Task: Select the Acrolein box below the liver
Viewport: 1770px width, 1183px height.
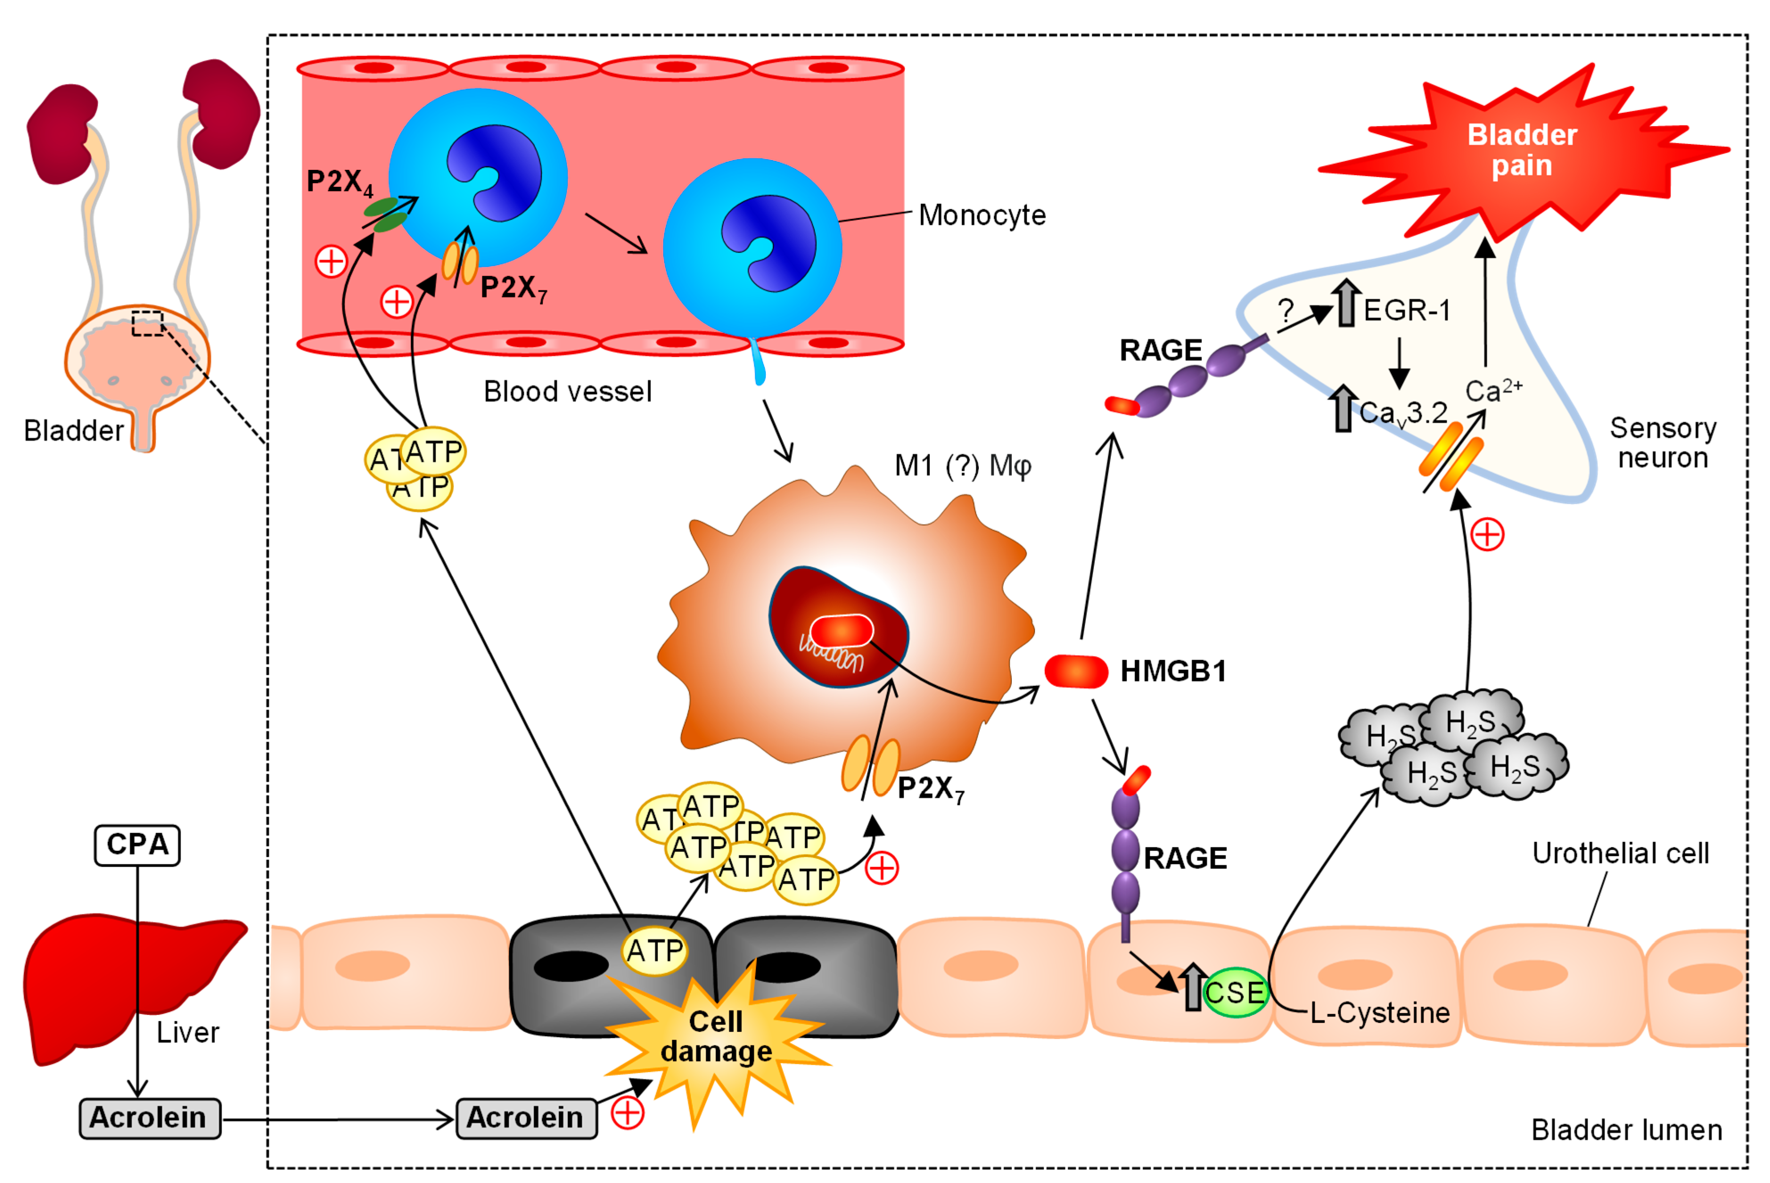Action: click(x=149, y=1117)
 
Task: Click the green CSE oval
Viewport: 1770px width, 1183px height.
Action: click(x=1235, y=992)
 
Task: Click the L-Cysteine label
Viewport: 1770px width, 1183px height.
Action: click(x=1380, y=1013)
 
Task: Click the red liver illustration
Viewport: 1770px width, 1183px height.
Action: click(x=90, y=981)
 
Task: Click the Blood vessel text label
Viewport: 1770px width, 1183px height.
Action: click(x=567, y=392)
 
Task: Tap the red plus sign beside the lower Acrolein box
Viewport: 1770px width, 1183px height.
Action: click(x=628, y=1113)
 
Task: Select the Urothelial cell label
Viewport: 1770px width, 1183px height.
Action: click(x=1620, y=853)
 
